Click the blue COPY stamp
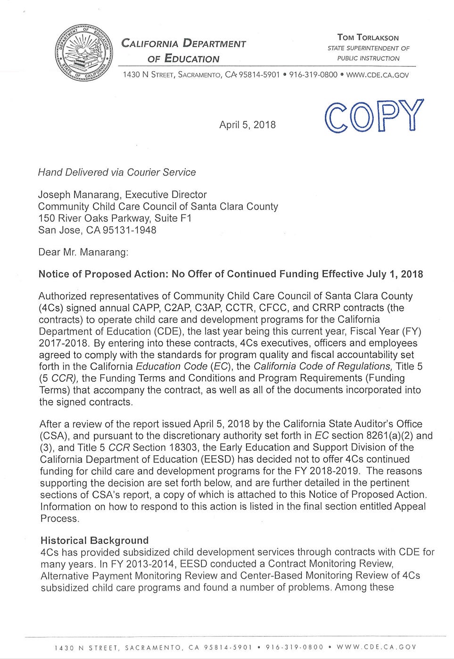coord(374,116)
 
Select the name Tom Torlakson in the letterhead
coord(368,37)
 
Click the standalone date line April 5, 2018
coord(248,125)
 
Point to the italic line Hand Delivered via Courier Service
coord(116,173)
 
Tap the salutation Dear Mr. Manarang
coord(83,252)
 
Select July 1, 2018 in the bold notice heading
coord(393,274)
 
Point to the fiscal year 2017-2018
coord(63,343)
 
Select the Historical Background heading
coord(94,540)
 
